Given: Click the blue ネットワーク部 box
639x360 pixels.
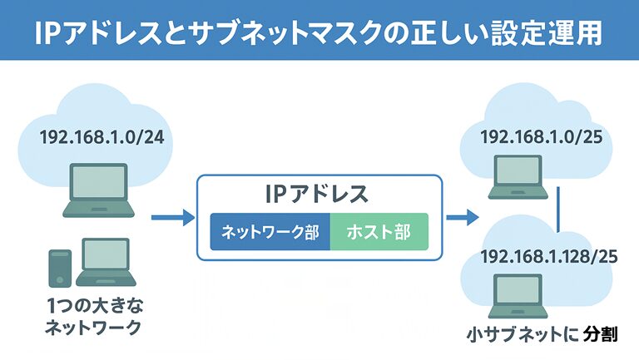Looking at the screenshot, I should [x=270, y=232].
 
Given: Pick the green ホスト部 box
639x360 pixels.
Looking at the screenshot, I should [x=379, y=232].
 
